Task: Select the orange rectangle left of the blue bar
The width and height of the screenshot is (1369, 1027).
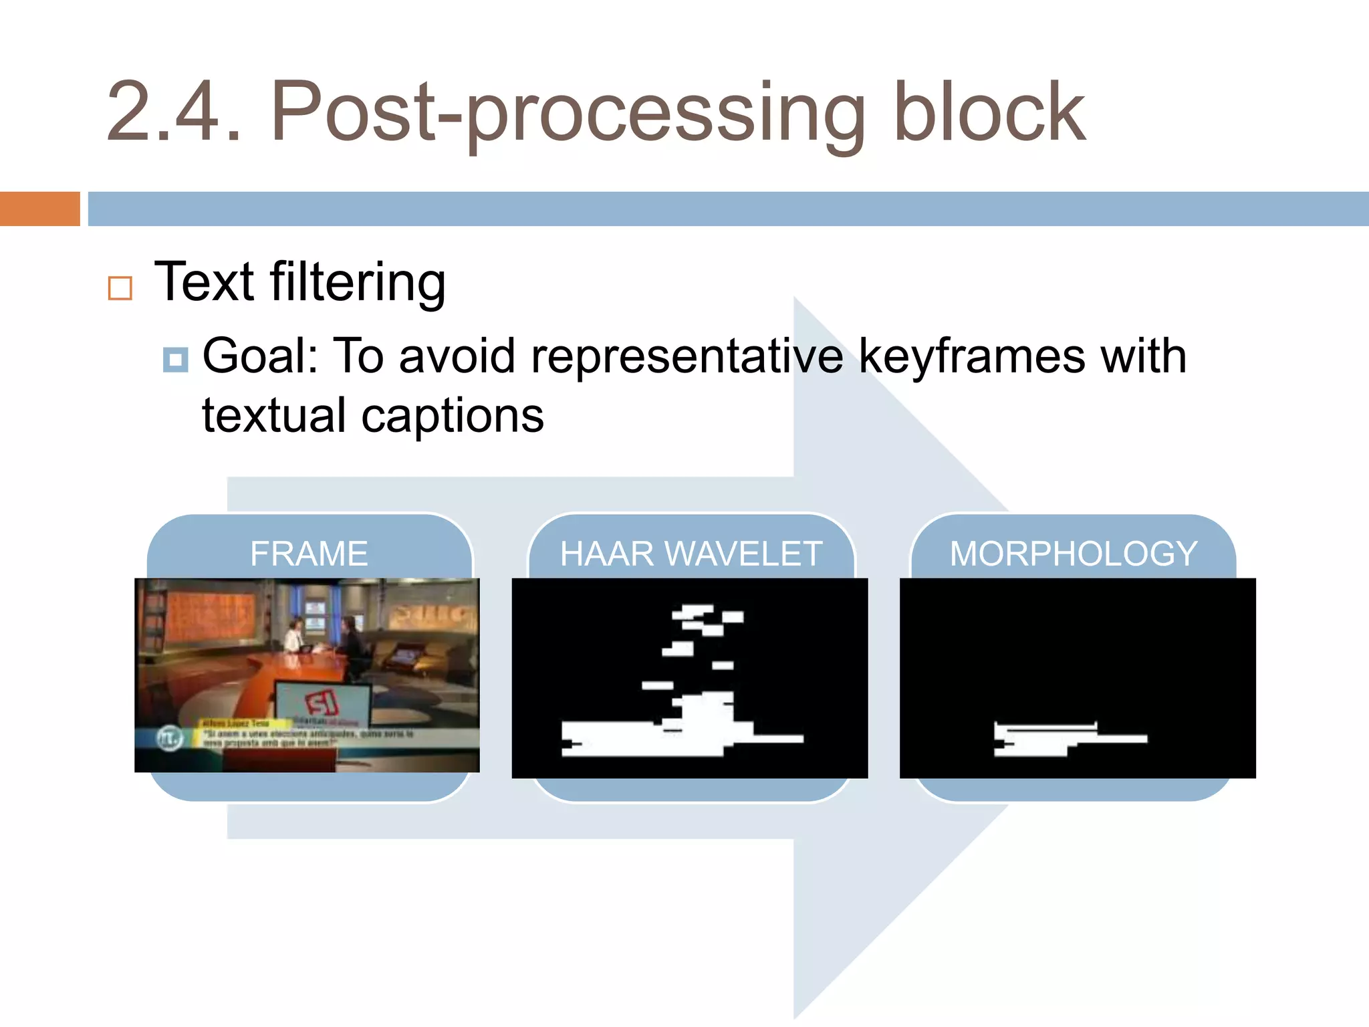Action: click(x=39, y=209)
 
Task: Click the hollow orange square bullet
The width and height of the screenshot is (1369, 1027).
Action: click(x=120, y=288)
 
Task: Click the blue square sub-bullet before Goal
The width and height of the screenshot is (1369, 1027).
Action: click(x=175, y=360)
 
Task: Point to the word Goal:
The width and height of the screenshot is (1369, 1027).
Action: click(x=261, y=356)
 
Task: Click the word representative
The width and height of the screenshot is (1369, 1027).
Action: click(x=687, y=356)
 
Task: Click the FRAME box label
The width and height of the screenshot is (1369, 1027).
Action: click(x=309, y=554)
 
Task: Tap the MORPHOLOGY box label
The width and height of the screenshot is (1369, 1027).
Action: click(x=1074, y=554)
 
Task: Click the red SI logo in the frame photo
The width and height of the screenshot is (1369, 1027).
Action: click(x=322, y=702)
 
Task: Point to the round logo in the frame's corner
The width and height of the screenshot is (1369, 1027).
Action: click(x=170, y=738)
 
